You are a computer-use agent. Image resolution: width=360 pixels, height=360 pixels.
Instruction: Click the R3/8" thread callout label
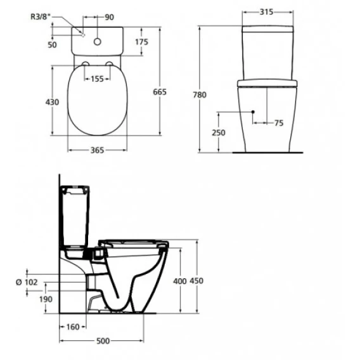[41, 16]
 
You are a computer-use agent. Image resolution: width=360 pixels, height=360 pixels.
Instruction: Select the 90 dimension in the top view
[109, 17]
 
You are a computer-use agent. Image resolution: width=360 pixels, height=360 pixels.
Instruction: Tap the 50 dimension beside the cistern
[52, 45]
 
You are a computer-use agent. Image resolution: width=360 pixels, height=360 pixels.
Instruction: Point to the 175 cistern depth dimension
[142, 42]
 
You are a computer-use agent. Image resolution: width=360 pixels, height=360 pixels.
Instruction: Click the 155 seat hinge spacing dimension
[98, 79]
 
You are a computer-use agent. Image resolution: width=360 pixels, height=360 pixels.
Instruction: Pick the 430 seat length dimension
[52, 102]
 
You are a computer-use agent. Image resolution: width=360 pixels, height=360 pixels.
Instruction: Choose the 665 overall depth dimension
[160, 92]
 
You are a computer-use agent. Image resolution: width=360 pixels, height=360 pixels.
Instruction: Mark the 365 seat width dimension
[98, 150]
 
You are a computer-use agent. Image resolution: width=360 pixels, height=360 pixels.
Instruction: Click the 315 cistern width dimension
[266, 11]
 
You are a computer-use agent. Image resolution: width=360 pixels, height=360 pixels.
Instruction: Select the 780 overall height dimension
[200, 94]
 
